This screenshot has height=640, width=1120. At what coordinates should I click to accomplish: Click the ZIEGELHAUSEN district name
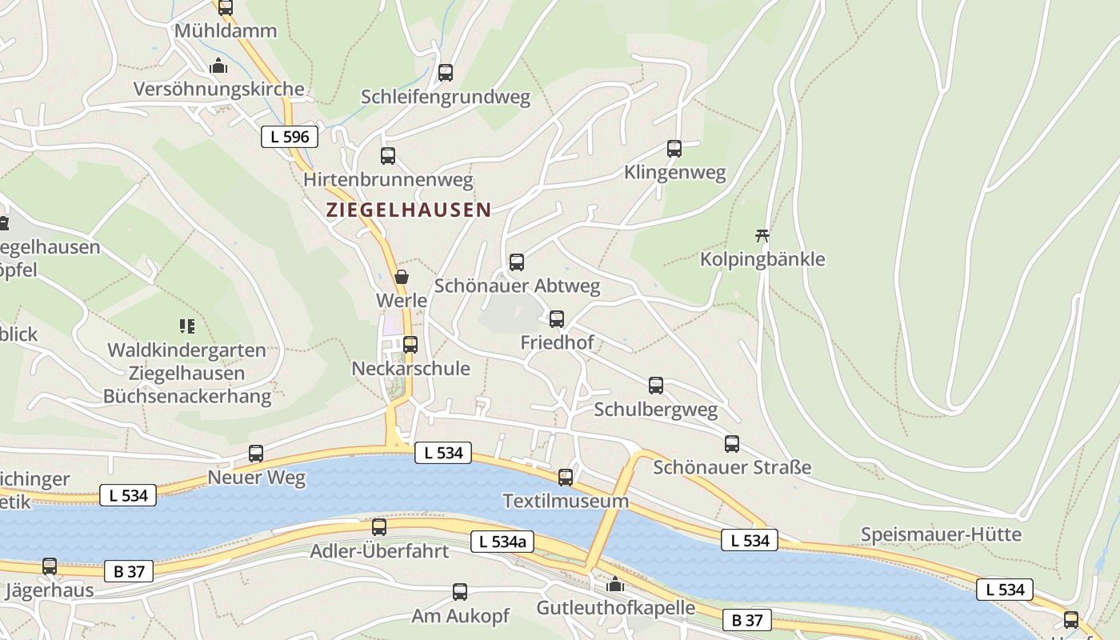(408, 210)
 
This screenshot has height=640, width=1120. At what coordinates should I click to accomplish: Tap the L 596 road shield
(290, 137)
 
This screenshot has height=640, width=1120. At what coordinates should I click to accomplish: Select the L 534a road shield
(502, 542)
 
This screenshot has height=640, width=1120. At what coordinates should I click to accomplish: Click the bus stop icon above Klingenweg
(674, 149)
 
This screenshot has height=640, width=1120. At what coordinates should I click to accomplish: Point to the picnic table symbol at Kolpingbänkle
(762, 236)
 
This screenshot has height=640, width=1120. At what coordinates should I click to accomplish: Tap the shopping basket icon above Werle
(402, 278)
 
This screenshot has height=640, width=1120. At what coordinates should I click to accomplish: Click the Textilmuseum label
(566, 502)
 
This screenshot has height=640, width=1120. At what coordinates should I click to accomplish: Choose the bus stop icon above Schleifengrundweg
(446, 73)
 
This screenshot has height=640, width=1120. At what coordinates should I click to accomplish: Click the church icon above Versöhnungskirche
(218, 66)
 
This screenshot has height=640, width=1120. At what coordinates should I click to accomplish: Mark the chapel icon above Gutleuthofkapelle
(615, 585)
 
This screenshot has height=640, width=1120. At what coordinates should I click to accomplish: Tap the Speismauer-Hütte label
(941, 534)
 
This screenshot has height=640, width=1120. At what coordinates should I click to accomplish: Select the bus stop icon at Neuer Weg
(256, 454)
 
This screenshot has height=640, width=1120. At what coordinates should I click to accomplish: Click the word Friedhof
(557, 342)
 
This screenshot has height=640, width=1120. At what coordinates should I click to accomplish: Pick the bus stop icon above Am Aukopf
(460, 592)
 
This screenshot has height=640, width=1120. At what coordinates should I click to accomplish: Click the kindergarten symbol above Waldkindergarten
(187, 326)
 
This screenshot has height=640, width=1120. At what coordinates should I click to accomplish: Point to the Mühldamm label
(226, 31)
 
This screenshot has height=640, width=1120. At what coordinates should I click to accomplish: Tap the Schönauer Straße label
(732, 467)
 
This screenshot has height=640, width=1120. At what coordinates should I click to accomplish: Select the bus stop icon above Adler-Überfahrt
(379, 527)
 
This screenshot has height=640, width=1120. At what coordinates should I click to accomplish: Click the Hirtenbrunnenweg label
(388, 180)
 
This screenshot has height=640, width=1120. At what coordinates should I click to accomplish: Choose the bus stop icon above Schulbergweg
(656, 386)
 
